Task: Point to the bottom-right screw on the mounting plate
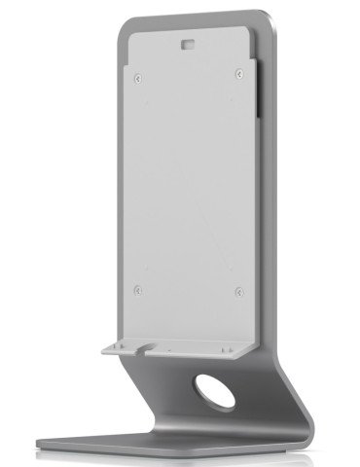click(238, 287)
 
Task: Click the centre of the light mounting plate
click(190, 185)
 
